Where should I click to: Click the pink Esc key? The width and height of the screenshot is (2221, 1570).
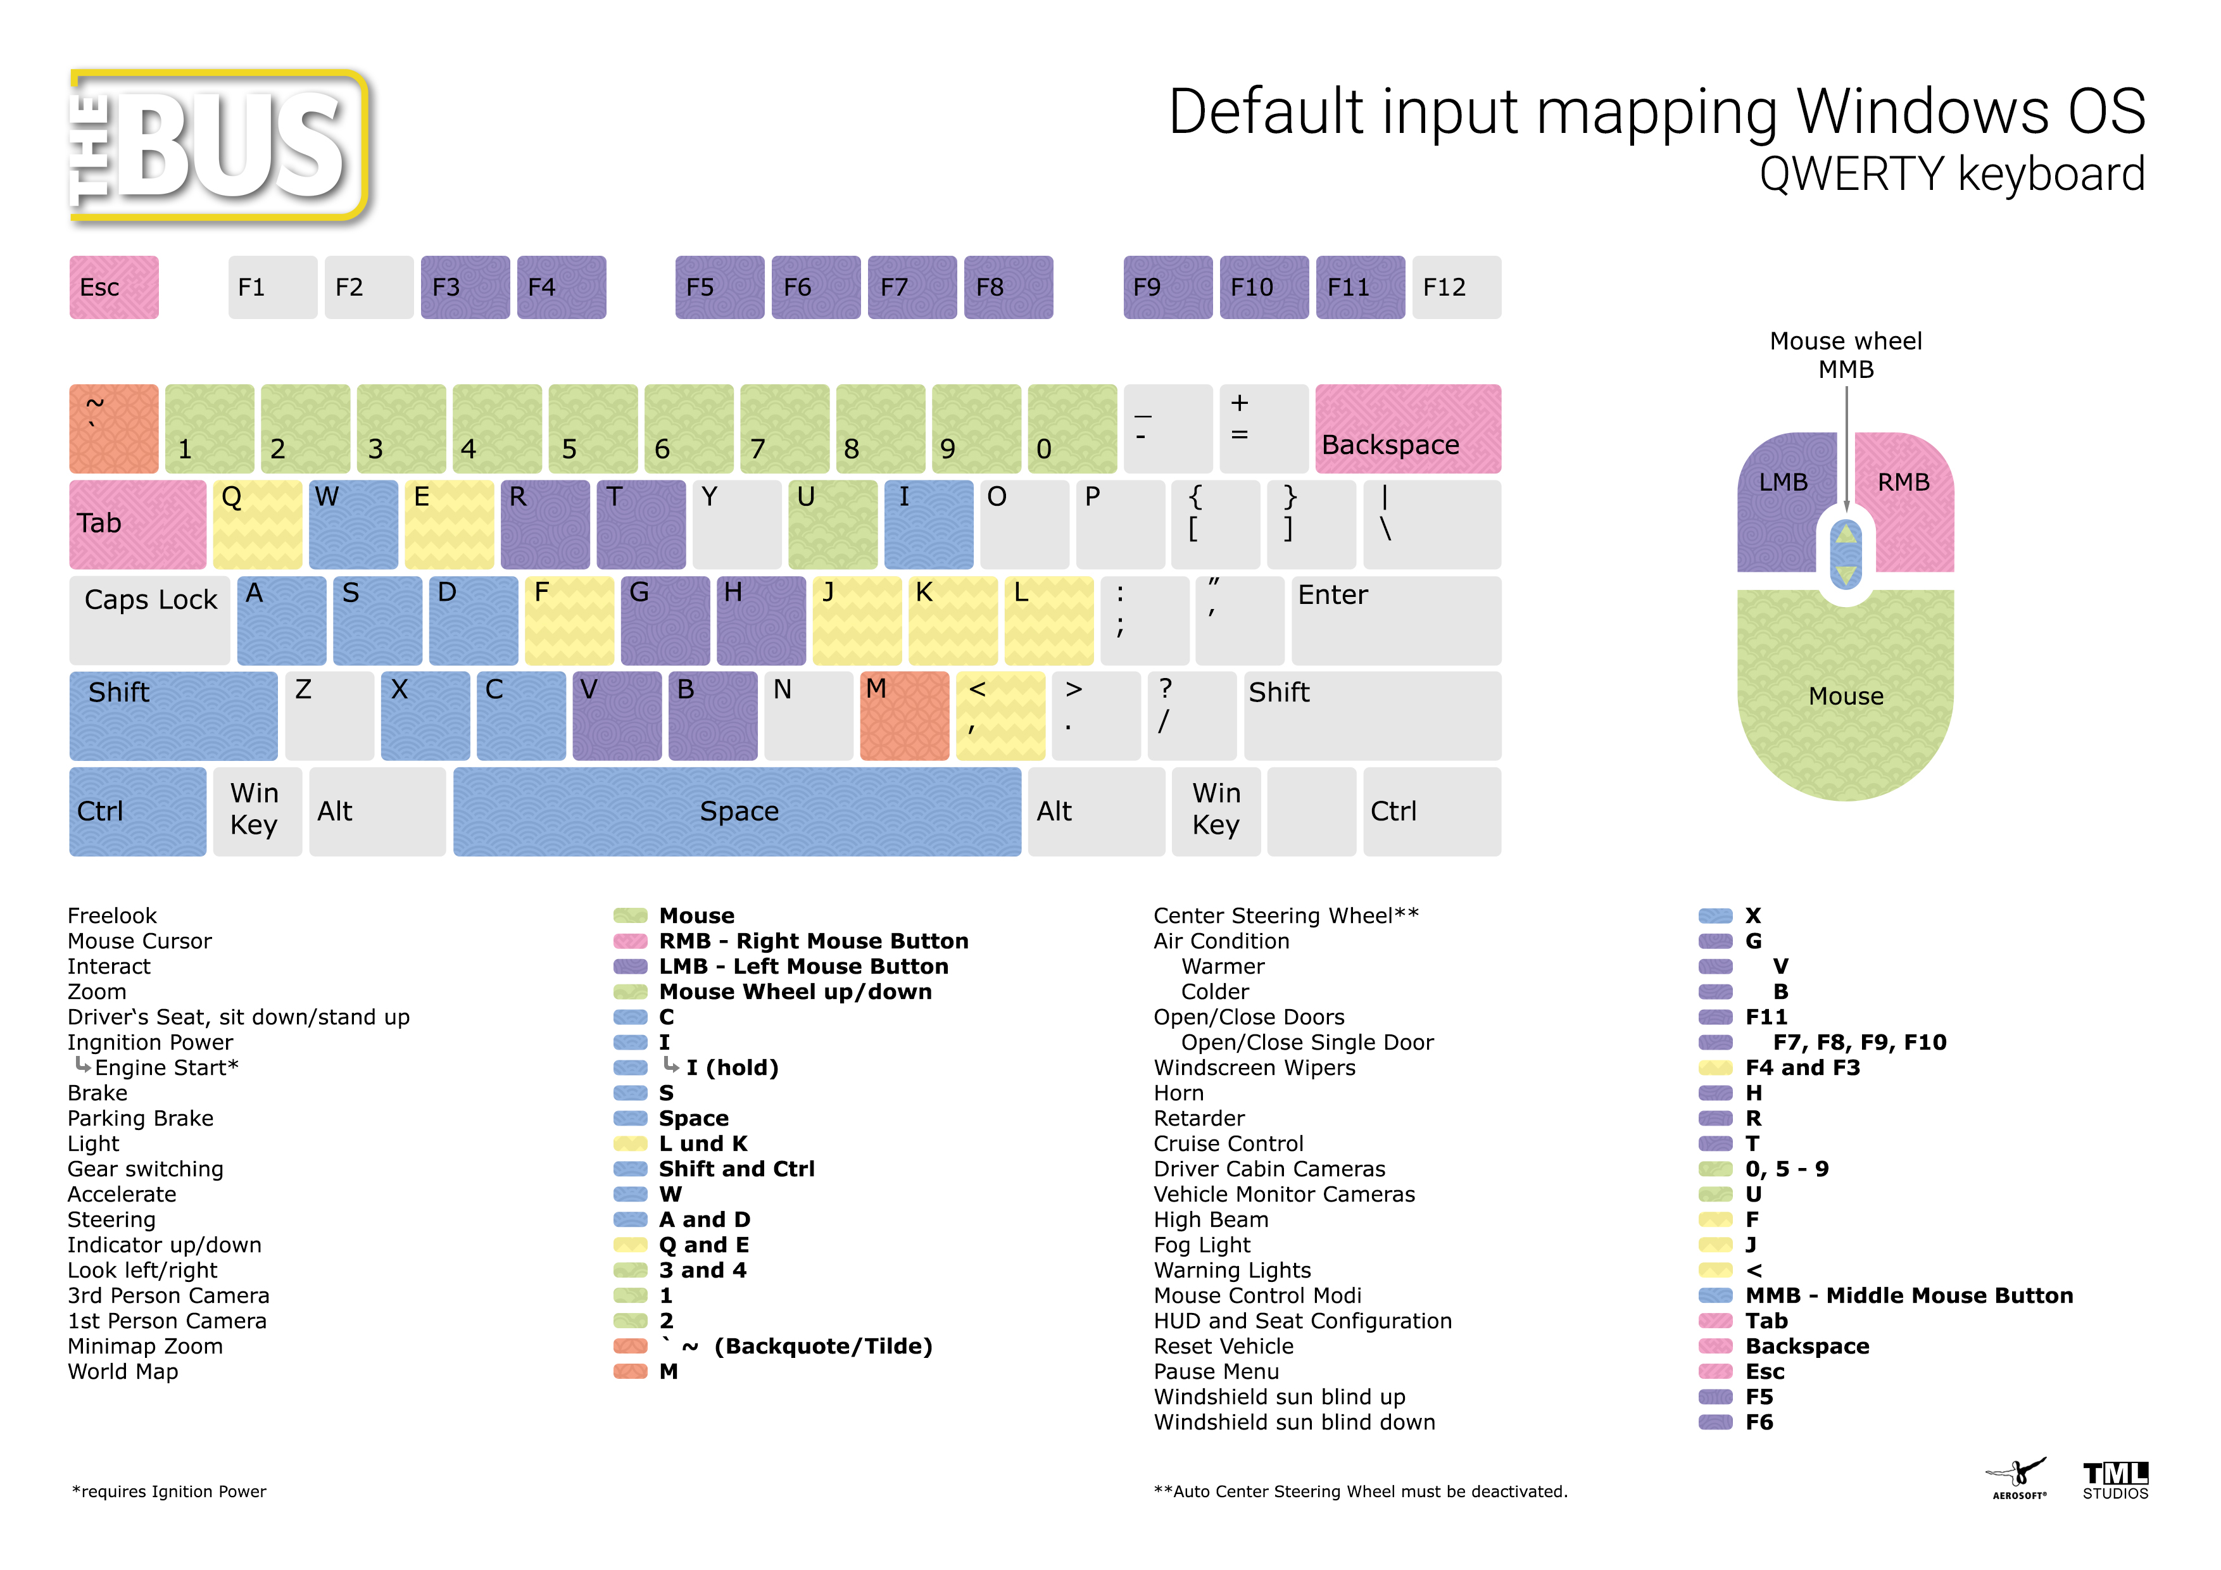[113, 287]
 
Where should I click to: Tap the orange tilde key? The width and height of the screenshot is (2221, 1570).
[113, 429]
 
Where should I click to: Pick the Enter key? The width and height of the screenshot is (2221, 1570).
[1396, 620]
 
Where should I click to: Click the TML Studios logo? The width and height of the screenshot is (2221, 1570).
[2115, 1480]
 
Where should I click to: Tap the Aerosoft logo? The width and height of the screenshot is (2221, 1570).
[2018, 1478]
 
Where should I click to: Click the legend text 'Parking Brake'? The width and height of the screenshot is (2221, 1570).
[141, 1118]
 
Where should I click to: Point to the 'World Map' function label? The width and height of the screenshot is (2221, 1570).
[123, 1372]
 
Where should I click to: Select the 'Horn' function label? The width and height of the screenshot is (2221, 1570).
[1178, 1093]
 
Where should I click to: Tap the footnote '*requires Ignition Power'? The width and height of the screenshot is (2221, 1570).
[169, 1491]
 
